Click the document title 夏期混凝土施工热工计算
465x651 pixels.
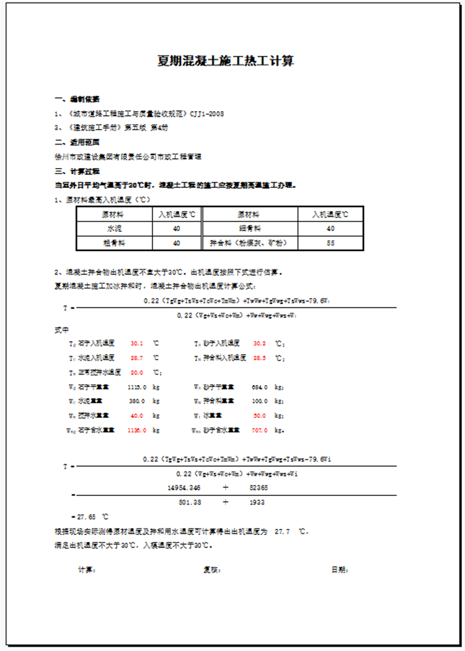[226, 61]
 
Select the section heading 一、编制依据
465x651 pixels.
[77, 99]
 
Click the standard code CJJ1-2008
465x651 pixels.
[204, 114]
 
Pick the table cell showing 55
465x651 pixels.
[330, 243]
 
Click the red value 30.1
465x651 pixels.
[137, 343]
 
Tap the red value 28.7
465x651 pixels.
[137, 358]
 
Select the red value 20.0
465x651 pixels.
[137, 373]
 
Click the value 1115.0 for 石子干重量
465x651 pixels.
[136, 387]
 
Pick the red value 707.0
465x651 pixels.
[260, 430]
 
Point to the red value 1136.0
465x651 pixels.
[136, 430]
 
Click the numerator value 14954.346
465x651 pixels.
[184, 487]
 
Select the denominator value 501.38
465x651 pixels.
[189, 502]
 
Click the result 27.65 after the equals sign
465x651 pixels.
[86, 516]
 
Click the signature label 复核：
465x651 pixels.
[212, 569]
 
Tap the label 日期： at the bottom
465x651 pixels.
[340, 569]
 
